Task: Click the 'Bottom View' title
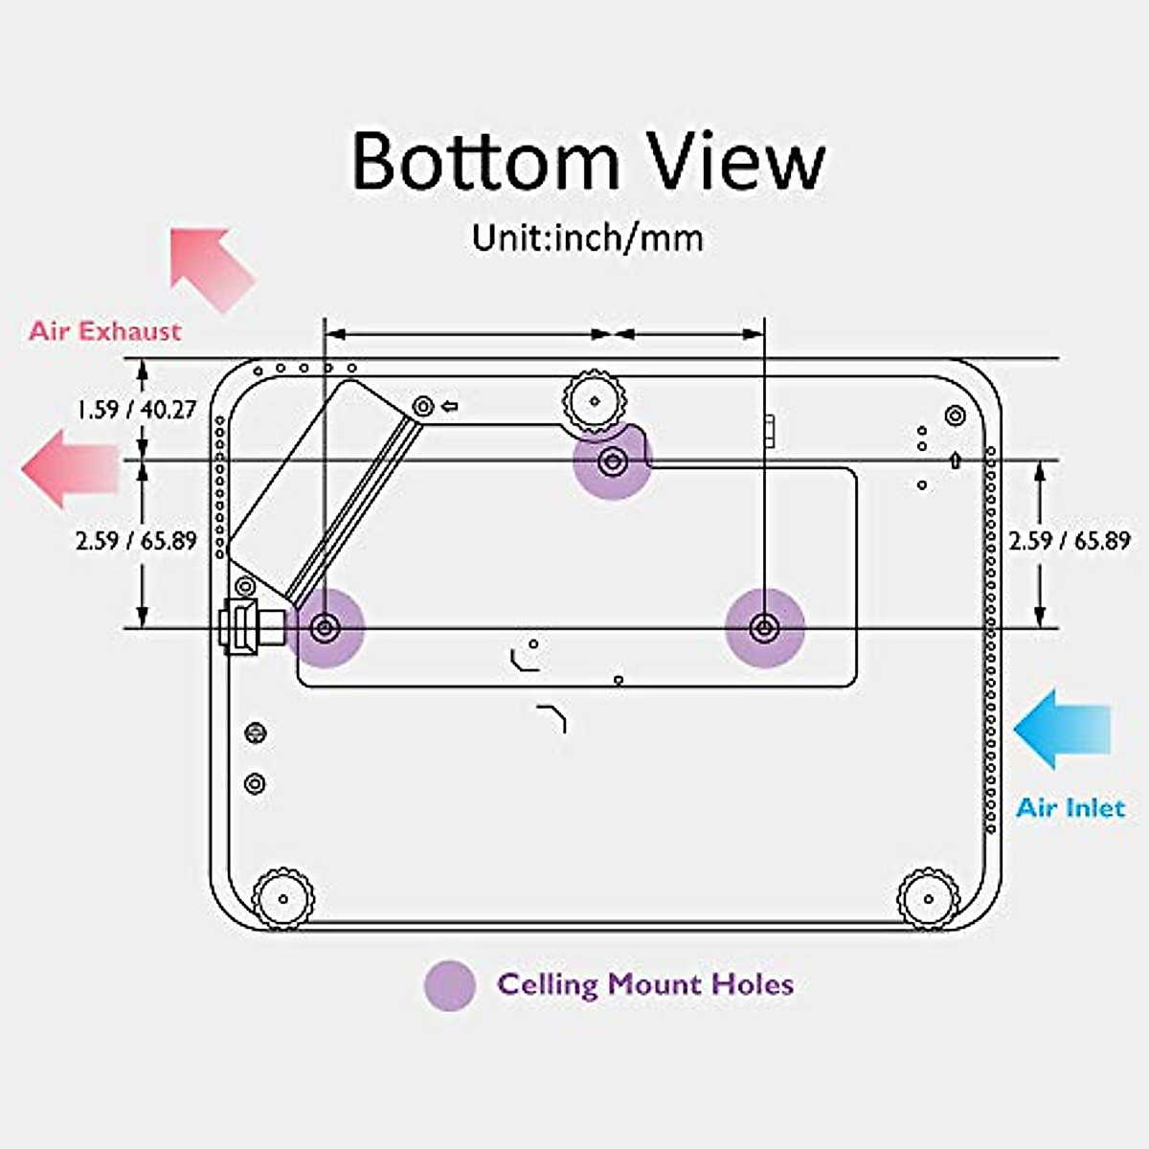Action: click(x=588, y=162)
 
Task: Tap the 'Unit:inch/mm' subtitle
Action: click(x=588, y=237)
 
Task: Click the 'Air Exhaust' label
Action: click(x=104, y=331)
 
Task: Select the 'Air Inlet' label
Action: click(x=1070, y=808)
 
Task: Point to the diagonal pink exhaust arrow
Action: click(x=210, y=268)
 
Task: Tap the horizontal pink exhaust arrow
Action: click(x=69, y=468)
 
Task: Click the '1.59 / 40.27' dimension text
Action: click(x=137, y=410)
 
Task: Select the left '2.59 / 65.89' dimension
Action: click(x=137, y=541)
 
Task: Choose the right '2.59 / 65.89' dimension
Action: click(x=1070, y=541)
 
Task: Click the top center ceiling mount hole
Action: click(x=612, y=462)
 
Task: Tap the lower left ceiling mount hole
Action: click(x=326, y=628)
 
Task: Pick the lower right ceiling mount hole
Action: click(x=764, y=628)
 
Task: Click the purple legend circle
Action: click(x=449, y=985)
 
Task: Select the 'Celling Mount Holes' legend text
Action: click(x=644, y=984)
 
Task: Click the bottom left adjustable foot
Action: click(x=283, y=898)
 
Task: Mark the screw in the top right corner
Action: click(x=954, y=416)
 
